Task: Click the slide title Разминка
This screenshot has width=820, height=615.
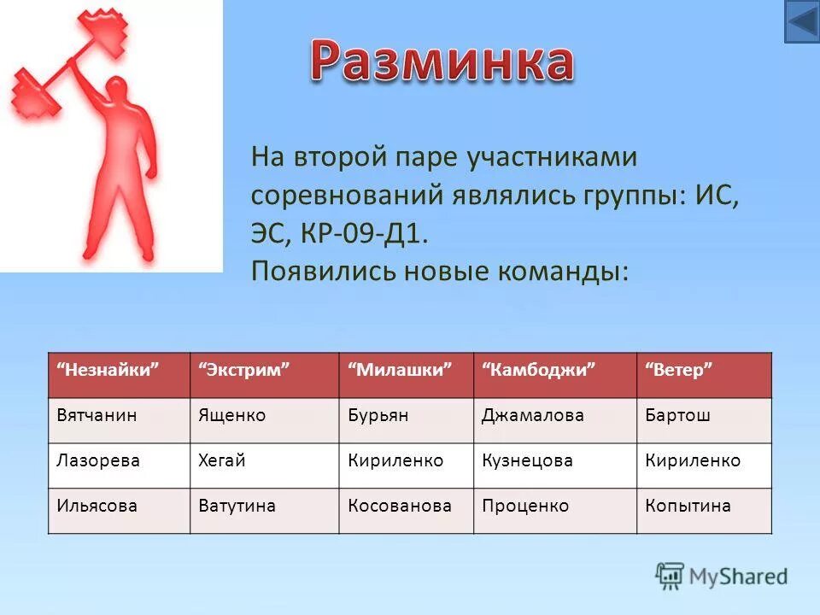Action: click(441, 61)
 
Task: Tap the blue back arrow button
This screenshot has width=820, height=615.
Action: click(801, 21)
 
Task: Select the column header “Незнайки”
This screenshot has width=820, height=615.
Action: click(109, 370)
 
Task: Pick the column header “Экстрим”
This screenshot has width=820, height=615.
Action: click(245, 370)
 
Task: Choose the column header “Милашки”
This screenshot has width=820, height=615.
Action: click(400, 370)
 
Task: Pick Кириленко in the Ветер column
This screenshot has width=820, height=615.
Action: click(693, 460)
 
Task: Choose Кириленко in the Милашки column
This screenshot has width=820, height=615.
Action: click(395, 460)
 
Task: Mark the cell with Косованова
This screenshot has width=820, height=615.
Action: click(400, 506)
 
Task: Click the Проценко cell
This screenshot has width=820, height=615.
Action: click(525, 506)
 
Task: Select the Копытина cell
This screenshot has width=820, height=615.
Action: click(688, 506)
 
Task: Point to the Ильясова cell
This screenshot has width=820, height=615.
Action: click(97, 506)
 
